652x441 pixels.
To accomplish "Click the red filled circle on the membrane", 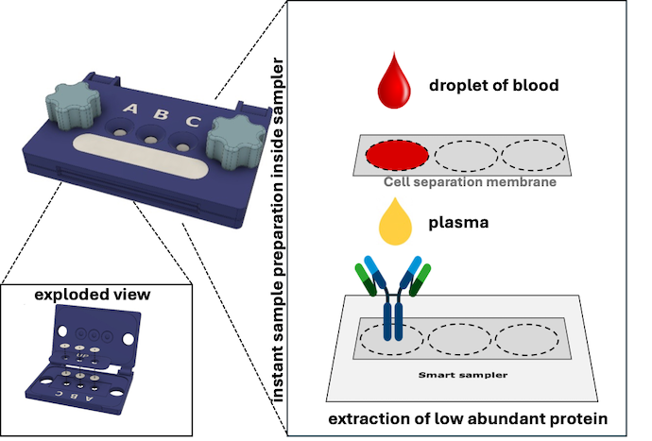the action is (397, 155).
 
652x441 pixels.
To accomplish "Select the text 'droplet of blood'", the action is (494, 85).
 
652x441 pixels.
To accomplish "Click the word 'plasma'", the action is (458, 223).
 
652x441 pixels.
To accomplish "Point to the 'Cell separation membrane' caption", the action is (470, 182).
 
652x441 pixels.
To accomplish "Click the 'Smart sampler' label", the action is (463, 375).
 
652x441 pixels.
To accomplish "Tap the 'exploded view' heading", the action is (93, 295).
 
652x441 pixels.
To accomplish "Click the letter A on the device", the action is (130, 109).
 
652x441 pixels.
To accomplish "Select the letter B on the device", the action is (162, 114).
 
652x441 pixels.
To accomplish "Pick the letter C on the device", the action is (193, 121).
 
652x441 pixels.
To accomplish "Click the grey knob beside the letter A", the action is (73, 105).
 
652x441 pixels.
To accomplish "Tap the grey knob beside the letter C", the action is (236, 142).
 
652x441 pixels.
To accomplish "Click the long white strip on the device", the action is (141, 156).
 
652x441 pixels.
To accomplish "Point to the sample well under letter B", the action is (150, 136).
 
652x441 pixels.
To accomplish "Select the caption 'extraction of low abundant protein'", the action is (468, 418).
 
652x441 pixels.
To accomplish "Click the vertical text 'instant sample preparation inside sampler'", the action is (278, 229).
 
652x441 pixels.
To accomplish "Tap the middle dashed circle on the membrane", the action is (466, 156).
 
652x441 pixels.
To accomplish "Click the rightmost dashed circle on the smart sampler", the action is (527, 340).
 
